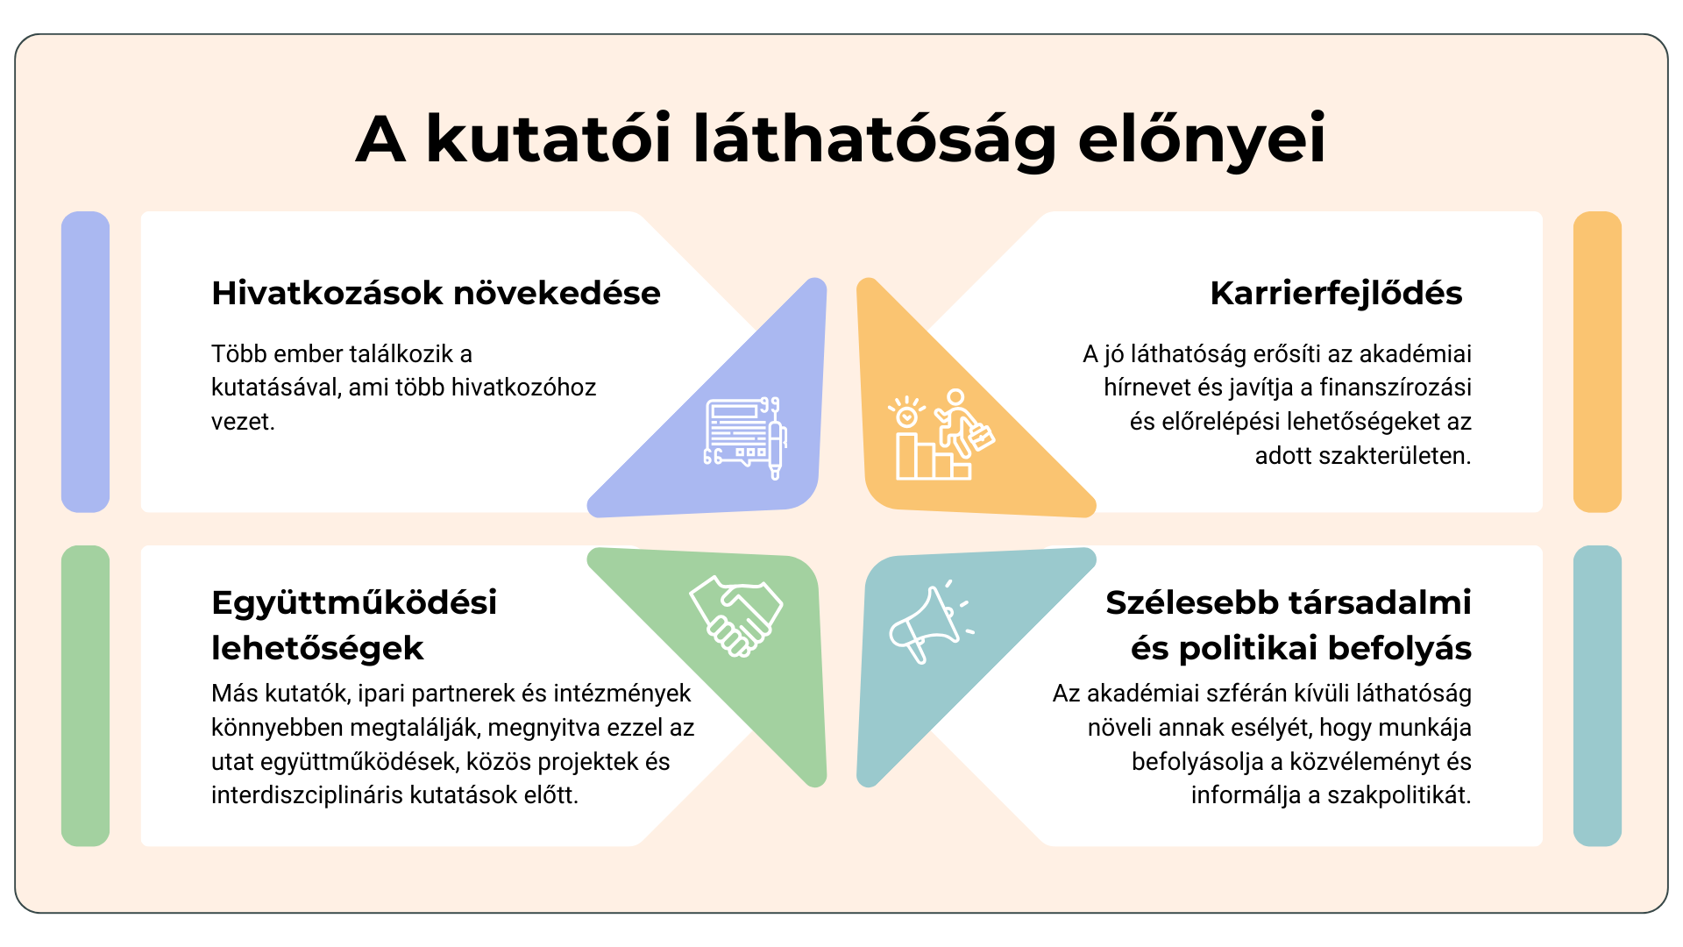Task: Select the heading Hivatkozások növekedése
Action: pyautogui.click(x=436, y=293)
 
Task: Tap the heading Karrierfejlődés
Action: pyautogui.click(x=1336, y=293)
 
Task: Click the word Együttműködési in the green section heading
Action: pyautogui.click(x=354, y=603)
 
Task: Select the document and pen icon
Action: pyautogui.click(x=746, y=438)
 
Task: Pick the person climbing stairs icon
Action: pyautogui.click(x=941, y=435)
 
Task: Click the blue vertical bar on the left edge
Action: pyautogui.click(x=85, y=361)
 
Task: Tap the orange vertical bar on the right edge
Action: pyautogui.click(x=1597, y=361)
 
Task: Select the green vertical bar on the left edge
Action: pyautogui.click(x=85, y=695)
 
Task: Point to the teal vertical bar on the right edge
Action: pyautogui.click(x=1597, y=695)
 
